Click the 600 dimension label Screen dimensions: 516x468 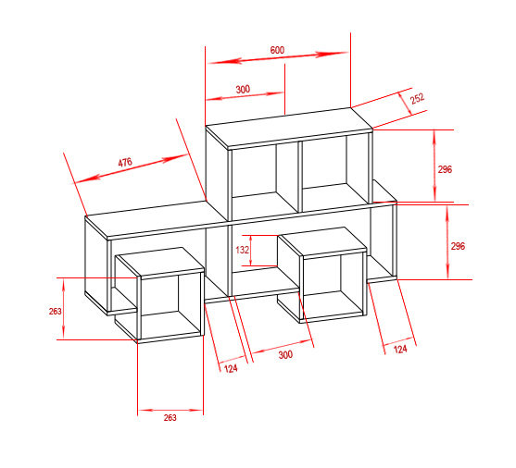tap(277, 50)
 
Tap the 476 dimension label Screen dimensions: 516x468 tap(125, 163)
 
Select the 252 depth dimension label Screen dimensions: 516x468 tap(417, 99)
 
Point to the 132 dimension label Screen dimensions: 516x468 tap(242, 250)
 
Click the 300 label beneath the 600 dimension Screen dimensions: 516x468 tap(243, 89)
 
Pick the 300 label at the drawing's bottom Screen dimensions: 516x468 tap(285, 354)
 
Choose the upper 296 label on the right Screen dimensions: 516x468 tap(445, 169)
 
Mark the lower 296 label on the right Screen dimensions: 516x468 tap(458, 246)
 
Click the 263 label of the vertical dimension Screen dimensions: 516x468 tap(55, 312)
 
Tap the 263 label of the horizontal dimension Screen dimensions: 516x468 tap(170, 418)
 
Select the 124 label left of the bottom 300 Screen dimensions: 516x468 tap(231, 368)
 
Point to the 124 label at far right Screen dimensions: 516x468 tap(400, 349)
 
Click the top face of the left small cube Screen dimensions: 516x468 tap(160, 261)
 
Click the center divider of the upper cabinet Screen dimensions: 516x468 tap(300, 177)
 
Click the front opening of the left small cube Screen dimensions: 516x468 tap(171, 305)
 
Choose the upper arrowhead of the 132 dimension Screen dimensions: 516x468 tap(251, 240)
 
